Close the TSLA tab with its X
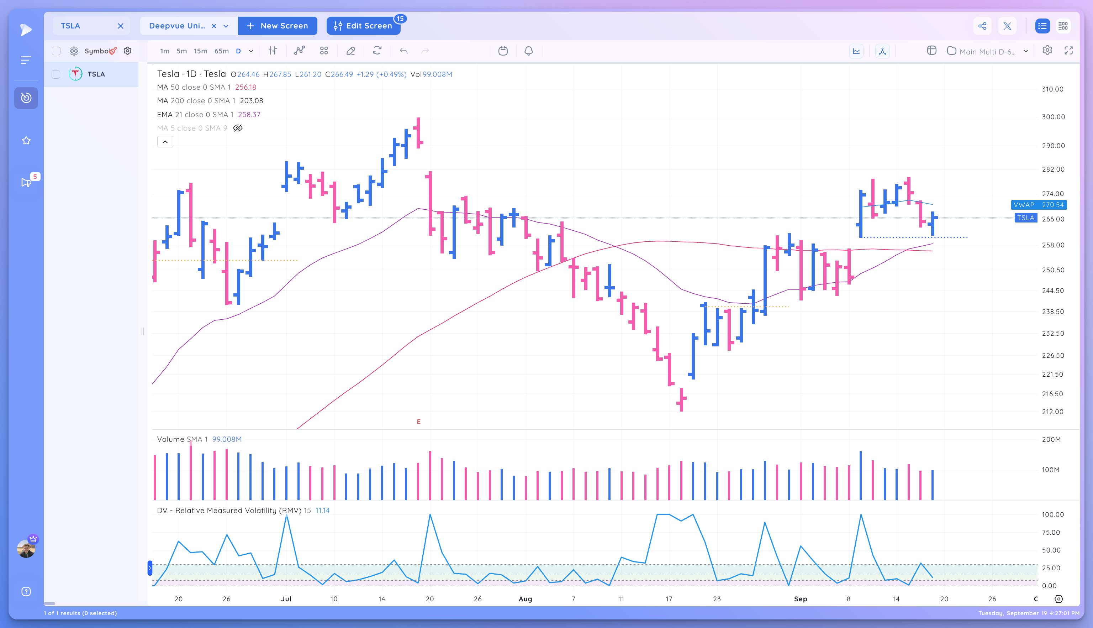[x=121, y=26]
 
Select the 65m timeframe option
[x=222, y=51]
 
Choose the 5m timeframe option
[x=181, y=51]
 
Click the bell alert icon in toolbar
[x=528, y=51]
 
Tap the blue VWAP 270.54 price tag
[x=1038, y=205]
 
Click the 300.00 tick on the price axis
[x=1053, y=117]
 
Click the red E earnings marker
[x=418, y=422]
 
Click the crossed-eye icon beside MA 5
[x=238, y=128]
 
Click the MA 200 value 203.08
[x=251, y=100]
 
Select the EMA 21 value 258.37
[x=249, y=114]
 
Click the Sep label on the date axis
[x=800, y=599]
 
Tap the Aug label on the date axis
[x=525, y=599]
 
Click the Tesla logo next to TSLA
[x=75, y=74]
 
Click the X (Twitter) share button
[x=1007, y=26]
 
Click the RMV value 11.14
[x=322, y=510]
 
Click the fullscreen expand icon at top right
[x=1068, y=51]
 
